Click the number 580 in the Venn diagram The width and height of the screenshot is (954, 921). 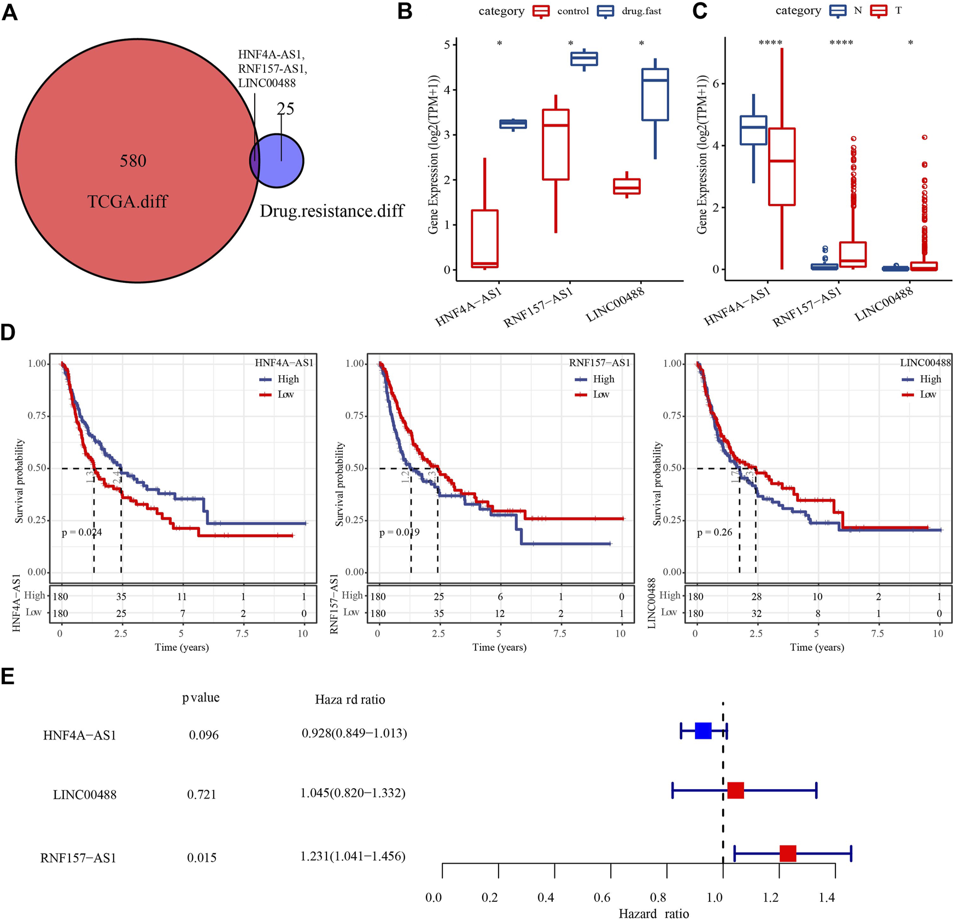[x=133, y=161]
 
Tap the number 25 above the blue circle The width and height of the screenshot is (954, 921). [x=285, y=109]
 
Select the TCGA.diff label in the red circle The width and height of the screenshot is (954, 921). [x=127, y=202]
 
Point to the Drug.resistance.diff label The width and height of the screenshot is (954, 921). [x=332, y=211]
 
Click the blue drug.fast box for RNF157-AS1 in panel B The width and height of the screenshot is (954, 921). [x=584, y=59]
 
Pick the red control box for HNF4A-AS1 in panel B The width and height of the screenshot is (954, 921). [x=484, y=238]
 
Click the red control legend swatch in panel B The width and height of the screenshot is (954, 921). [x=541, y=11]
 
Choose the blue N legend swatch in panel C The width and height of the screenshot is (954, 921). [x=838, y=11]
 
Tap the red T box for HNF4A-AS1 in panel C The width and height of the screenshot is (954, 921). [x=781, y=167]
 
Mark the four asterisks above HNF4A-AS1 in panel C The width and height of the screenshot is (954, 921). [x=770, y=43]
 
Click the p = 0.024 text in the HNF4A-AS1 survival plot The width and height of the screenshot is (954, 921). [x=81, y=532]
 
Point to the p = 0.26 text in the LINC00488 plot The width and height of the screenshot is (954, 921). [x=715, y=532]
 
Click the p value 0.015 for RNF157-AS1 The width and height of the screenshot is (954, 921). [x=202, y=858]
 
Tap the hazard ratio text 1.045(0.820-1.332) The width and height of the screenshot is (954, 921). [x=353, y=793]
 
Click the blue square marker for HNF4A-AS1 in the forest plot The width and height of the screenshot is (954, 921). [x=703, y=731]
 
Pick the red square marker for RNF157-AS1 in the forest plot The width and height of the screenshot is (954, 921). [x=788, y=853]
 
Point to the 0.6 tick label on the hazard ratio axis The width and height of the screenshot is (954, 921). [x=602, y=897]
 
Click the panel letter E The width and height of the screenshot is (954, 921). [x=8, y=677]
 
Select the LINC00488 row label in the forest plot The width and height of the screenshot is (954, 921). [x=85, y=795]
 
